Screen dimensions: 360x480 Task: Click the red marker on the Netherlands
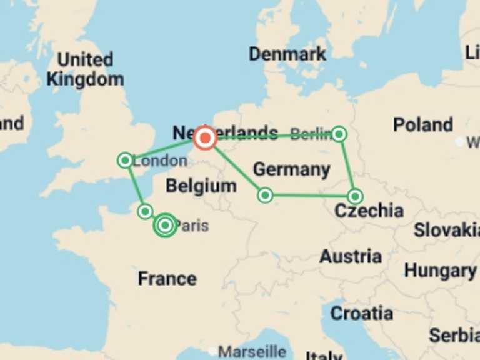point(205,138)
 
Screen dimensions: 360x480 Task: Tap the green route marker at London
point(125,161)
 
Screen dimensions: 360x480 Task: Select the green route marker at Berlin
point(339,133)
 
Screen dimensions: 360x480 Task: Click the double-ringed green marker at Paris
point(165,225)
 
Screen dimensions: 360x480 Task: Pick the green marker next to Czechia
point(355,196)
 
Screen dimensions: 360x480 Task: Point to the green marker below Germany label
point(265,196)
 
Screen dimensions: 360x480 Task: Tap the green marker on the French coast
point(145,211)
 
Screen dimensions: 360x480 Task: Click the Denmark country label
point(287,54)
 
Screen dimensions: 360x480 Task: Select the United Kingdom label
point(85,69)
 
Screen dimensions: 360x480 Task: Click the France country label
point(167,278)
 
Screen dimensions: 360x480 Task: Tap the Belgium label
point(201,186)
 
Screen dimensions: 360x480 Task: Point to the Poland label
point(422,124)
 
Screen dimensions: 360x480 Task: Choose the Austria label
point(350,256)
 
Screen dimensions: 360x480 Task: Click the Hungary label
point(439,271)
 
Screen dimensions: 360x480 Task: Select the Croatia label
point(361,312)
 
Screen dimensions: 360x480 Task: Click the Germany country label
point(291,169)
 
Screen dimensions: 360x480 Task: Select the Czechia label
point(369,211)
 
